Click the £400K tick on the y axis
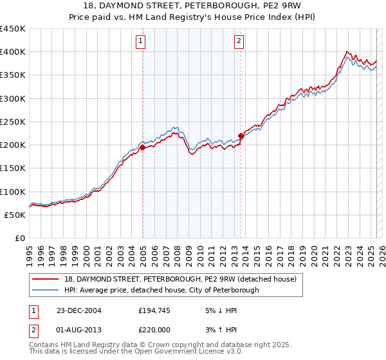pyautogui.click(x=13, y=52)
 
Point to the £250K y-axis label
pyautogui.click(x=13, y=122)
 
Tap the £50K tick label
pyautogui.click(x=15, y=215)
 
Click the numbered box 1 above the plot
pyautogui.click(x=140, y=42)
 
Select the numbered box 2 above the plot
pyautogui.click(x=239, y=42)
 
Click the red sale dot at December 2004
pyautogui.click(x=143, y=148)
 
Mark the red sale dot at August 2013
pyautogui.click(x=241, y=136)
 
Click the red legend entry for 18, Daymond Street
pyautogui.click(x=180, y=279)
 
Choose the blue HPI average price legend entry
pyautogui.click(x=161, y=291)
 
